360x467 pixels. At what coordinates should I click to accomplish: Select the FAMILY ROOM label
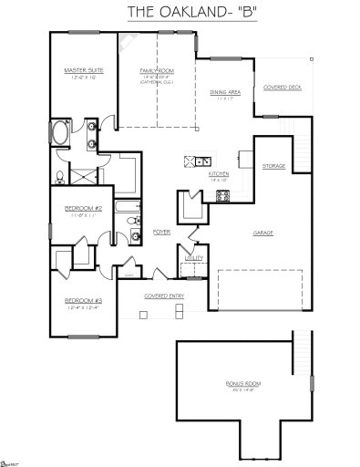(157, 70)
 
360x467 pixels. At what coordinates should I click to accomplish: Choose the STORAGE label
(273, 166)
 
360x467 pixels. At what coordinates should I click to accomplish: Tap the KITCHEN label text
(220, 172)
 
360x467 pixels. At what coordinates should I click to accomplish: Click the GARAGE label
(264, 233)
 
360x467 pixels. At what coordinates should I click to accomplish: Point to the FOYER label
(162, 232)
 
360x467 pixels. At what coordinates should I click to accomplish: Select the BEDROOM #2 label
(82, 208)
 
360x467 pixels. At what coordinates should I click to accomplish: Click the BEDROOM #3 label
(83, 300)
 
